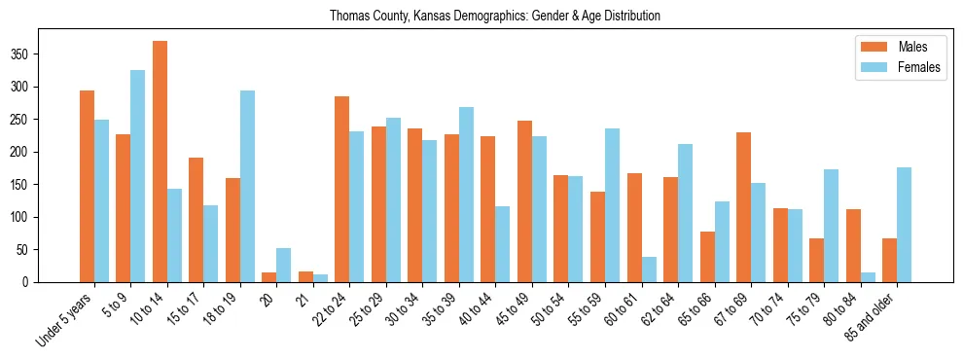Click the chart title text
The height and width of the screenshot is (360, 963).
[495, 16]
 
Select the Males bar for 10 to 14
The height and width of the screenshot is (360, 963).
[160, 162]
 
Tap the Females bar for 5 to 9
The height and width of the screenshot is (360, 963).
[137, 176]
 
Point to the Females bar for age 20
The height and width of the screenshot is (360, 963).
[283, 265]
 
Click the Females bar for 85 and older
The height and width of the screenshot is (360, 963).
[904, 225]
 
